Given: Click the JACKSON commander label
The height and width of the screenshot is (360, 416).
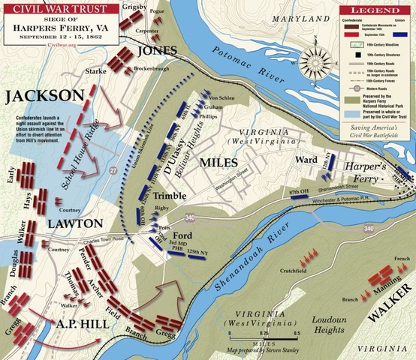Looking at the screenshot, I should point(44,96).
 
